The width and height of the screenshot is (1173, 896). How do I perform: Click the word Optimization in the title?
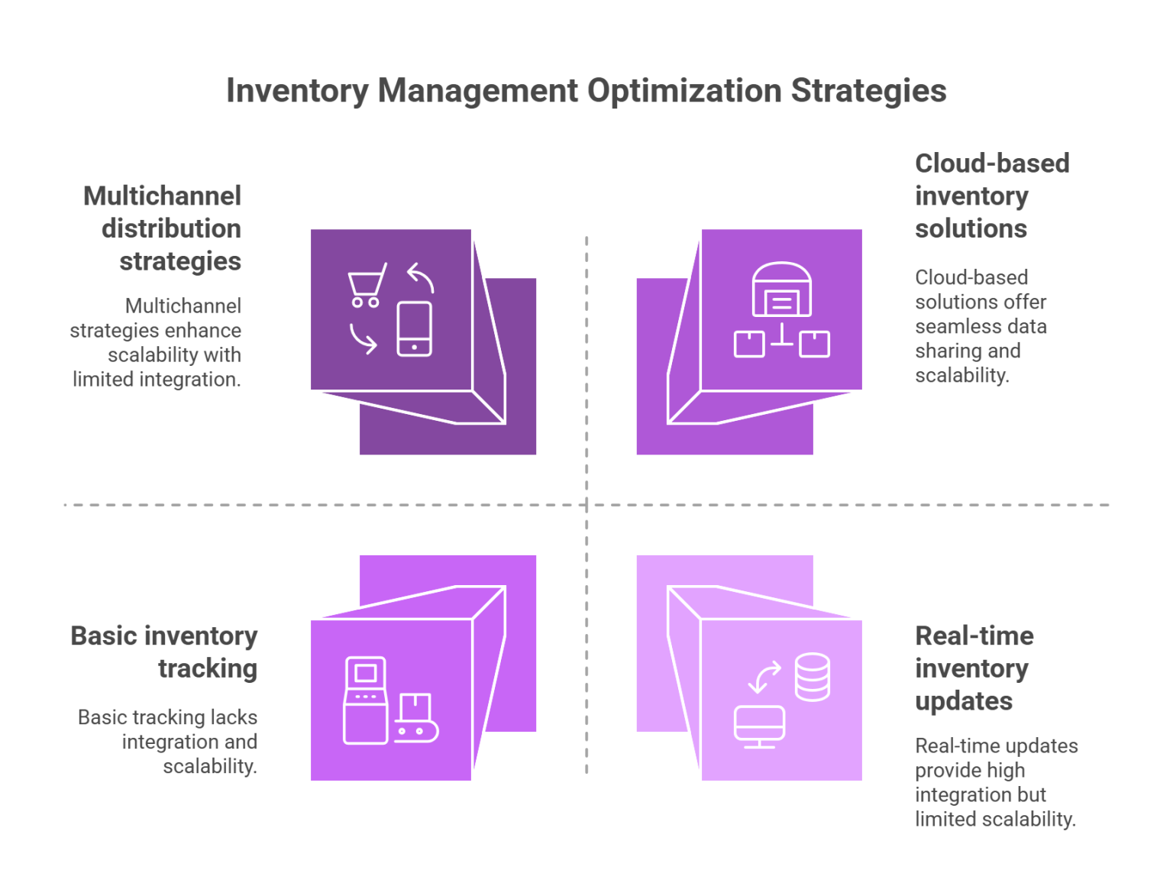[683, 91]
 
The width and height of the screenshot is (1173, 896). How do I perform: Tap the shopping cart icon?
[367, 285]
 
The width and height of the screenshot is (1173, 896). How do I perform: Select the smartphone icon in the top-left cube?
[414, 328]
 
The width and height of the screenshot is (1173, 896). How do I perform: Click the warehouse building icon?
[781, 290]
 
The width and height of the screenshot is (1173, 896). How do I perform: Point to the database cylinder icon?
[812, 677]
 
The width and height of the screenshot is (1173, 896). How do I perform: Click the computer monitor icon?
[759, 726]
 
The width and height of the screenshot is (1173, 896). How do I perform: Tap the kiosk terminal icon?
[364, 700]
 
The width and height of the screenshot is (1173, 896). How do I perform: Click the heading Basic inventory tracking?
[164, 652]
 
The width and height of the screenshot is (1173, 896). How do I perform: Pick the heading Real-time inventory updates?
[974, 668]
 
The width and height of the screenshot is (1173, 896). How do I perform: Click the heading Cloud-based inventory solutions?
[990, 196]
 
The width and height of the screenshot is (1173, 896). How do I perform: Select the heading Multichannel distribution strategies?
[163, 228]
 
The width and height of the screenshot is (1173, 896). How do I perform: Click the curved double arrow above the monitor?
[764, 676]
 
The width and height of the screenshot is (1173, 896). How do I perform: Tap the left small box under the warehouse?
[749, 344]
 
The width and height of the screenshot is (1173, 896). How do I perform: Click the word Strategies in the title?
[868, 91]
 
